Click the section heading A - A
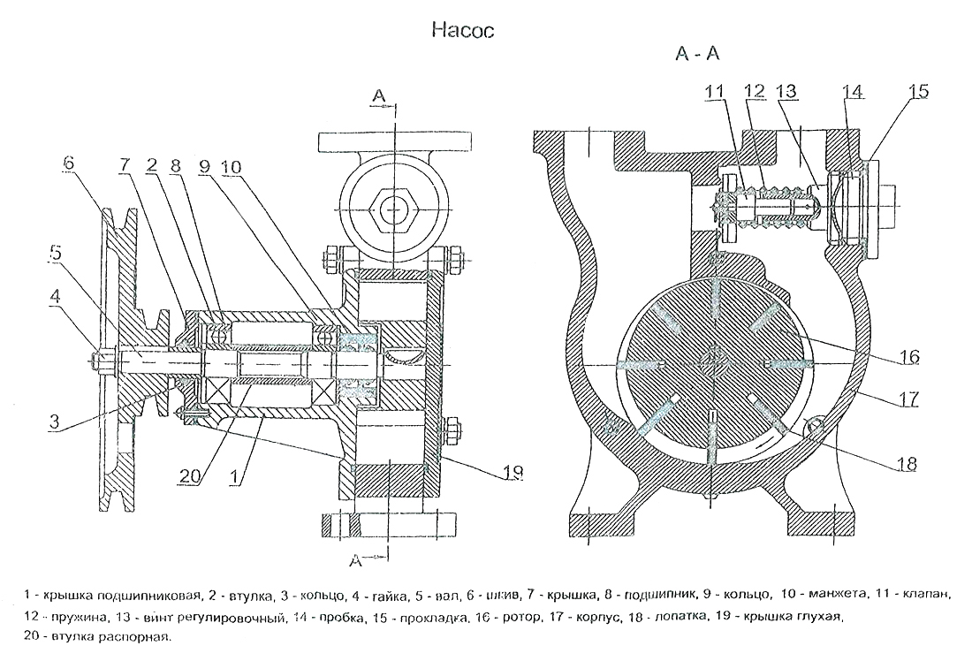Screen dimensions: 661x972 [x=698, y=55]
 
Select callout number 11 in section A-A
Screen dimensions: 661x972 [x=714, y=90]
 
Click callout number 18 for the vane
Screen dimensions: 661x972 [x=903, y=463]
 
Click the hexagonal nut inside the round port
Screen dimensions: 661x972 [x=391, y=209]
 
